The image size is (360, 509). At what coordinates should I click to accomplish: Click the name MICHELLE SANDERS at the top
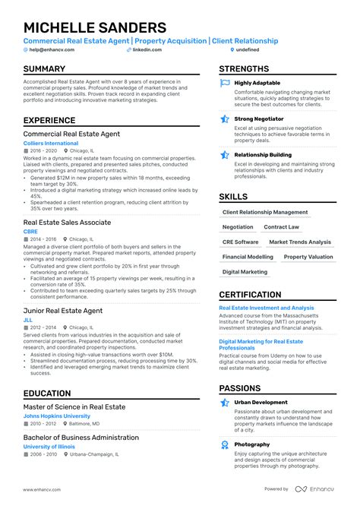(x=95, y=27)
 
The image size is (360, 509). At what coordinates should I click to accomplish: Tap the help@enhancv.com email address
(x=49, y=50)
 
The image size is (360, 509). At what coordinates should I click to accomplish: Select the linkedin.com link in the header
(x=148, y=50)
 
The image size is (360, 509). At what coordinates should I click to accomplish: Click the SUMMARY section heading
(x=44, y=69)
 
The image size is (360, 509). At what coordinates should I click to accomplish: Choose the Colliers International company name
(x=50, y=143)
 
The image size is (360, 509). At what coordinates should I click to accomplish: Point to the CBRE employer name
(x=31, y=231)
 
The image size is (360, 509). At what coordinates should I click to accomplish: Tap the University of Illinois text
(x=50, y=446)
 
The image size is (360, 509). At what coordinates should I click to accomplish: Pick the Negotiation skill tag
(x=238, y=227)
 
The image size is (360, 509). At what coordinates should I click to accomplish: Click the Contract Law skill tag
(x=281, y=227)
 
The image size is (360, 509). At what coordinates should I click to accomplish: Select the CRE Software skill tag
(x=241, y=242)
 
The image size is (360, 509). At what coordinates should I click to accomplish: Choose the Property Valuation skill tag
(x=308, y=258)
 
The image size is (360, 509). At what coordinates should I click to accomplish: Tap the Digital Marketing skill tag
(x=245, y=272)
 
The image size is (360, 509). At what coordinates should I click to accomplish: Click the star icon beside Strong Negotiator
(x=225, y=119)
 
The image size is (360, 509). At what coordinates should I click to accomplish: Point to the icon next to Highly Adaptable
(x=225, y=84)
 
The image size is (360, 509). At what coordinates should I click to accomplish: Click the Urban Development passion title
(x=261, y=403)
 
